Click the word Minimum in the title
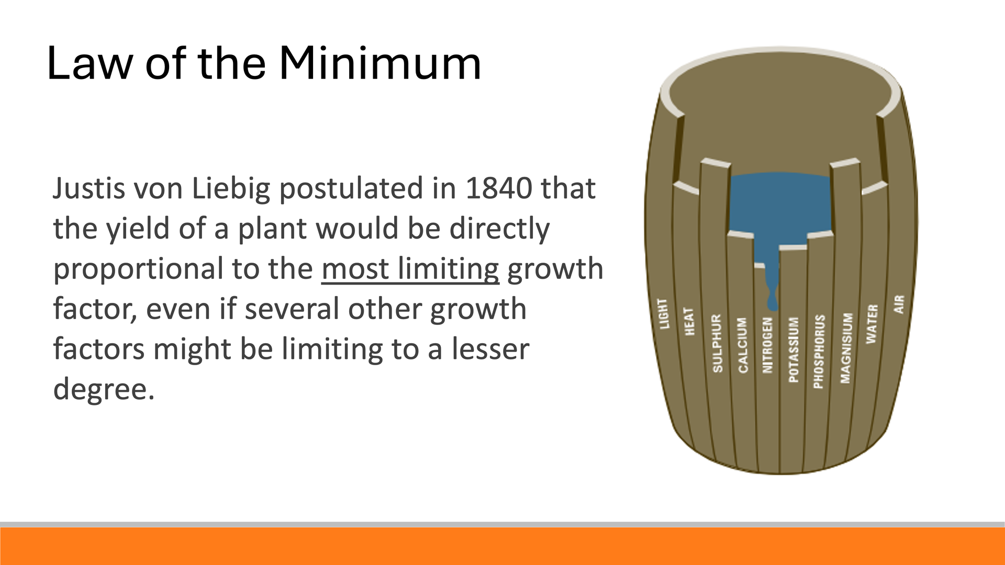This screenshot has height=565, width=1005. pos(379,63)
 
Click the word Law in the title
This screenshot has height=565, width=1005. pos(90,63)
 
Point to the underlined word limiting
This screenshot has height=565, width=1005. pos(448,269)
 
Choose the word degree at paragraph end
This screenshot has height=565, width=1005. pos(100,390)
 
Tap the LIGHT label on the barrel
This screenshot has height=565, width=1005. pos(664,314)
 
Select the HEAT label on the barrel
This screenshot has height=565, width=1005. pos(689,321)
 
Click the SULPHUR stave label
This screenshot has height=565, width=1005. pos(717,343)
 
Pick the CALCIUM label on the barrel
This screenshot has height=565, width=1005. pos(743,345)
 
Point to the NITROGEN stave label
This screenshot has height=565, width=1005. pos(767,345)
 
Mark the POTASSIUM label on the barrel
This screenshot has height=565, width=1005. pos(794,349)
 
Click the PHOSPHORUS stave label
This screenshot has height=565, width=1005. pos(819,351)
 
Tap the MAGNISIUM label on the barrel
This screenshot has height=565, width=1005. pos(846,348)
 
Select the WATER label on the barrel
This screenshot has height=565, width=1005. pos(872,324)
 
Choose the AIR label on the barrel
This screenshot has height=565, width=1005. pos(899,304)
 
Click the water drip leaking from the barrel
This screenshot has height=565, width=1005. pos(772,285)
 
